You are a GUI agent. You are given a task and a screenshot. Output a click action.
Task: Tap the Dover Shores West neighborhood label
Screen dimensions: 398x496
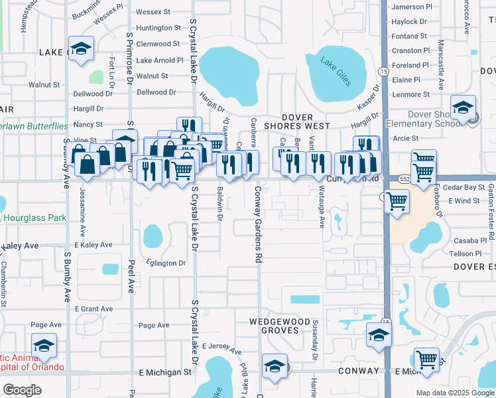click(311, 121)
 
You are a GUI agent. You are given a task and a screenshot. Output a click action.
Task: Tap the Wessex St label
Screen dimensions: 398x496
click(153, 12)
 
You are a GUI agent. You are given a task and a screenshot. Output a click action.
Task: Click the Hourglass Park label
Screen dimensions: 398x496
click(34, 218)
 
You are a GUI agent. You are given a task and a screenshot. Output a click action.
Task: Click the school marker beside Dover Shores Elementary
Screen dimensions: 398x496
click(463, 107)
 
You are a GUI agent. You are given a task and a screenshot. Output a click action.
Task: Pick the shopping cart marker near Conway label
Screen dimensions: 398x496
click(426, 360)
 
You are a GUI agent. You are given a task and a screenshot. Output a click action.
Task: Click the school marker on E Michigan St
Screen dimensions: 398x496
click(275, 367)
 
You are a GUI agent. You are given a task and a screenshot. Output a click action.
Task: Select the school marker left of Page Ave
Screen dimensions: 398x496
click(44, 346)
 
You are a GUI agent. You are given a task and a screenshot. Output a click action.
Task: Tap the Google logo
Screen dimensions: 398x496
click(21, 390)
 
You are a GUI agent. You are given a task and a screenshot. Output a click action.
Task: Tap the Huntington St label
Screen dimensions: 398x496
click(158, 28)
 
